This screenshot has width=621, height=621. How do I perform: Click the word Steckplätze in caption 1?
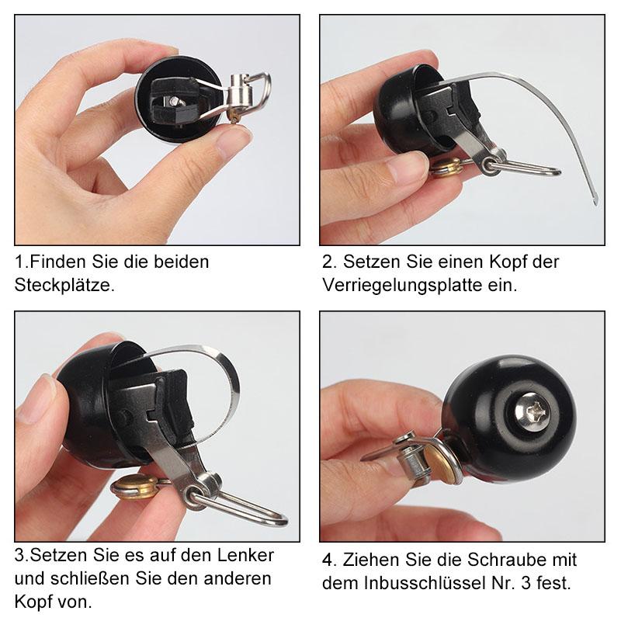click(64, 285)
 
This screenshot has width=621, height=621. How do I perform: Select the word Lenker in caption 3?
click(245, 555)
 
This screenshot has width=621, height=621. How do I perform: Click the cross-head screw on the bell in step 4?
click(533, 411)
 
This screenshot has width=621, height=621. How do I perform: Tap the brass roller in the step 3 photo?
click(133, 487)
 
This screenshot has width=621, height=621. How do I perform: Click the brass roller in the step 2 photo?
click(446, 168)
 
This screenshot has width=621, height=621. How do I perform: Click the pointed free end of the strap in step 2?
click(595, 203)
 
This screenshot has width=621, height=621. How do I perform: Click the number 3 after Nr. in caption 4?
click(526, 583)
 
